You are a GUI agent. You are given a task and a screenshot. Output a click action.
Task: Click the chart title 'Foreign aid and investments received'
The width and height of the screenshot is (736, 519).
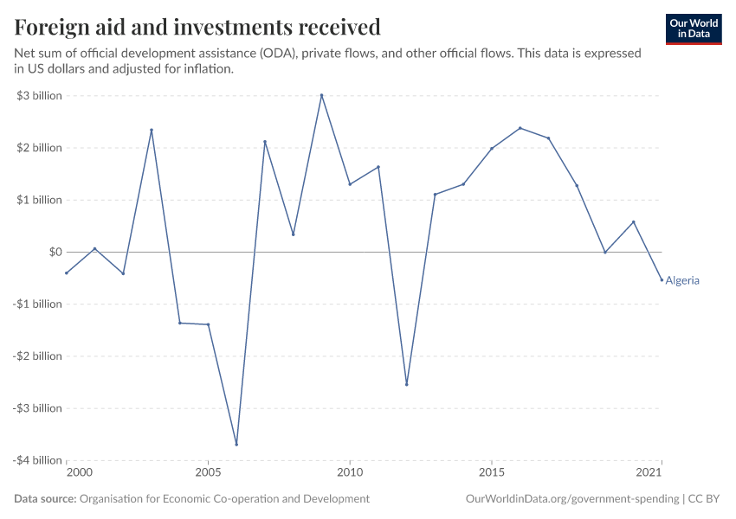(197, 28)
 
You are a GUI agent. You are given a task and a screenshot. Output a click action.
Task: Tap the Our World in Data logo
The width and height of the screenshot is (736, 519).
(693, 29)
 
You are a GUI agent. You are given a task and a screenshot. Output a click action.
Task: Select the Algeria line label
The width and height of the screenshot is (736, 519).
(682, 280)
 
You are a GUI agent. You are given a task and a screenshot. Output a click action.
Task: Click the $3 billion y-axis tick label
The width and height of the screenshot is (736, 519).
(39, 95)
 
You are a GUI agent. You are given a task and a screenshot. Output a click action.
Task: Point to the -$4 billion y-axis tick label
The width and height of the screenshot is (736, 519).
(37, 460)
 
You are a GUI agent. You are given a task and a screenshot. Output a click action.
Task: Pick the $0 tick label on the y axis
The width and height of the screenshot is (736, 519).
(54, 252)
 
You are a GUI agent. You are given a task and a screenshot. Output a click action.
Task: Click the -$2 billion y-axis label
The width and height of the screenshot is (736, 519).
(37, 356)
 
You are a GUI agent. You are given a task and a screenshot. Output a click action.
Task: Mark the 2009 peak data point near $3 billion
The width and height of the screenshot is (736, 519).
(321, 95)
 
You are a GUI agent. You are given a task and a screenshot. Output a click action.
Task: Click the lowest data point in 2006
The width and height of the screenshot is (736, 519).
(236, 445)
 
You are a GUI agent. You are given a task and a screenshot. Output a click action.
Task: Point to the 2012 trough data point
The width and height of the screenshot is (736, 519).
(407, 384)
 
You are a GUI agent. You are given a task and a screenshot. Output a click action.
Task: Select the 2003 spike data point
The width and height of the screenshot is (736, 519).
(152, 130)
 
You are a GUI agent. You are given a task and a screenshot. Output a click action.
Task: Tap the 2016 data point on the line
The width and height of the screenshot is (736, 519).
(520, 128)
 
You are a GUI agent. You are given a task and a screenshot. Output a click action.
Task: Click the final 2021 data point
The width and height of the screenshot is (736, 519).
(662, 279)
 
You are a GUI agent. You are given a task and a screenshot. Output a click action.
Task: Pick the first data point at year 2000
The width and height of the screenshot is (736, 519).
(67, 273)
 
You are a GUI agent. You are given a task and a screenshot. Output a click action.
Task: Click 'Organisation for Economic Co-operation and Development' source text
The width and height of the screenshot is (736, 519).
(224, 499)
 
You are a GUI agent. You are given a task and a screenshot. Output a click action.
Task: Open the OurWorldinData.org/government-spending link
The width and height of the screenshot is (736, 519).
(571, 499)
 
